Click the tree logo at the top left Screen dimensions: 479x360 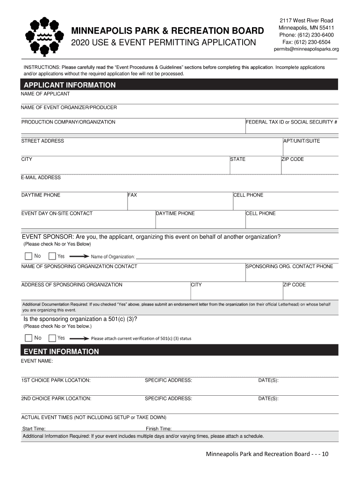pyautogui.click(x=44, y=36)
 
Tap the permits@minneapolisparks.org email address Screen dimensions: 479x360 pyautogui.click(x=306, y=49)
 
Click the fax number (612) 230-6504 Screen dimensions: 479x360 pyautogui.click(x=306, y=42)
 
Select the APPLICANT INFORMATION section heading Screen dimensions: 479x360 pyautogui.click(x=70, y=85)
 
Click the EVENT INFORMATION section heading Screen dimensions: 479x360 pyautogui.click(x=61, y=351)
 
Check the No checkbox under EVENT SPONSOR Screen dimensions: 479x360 pyautogui.click(x=29, y=256)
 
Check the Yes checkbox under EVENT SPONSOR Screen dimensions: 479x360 pyautogui.click(x=52, y=256)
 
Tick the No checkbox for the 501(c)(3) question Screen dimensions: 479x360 pyautogui.click(x=29, y=338)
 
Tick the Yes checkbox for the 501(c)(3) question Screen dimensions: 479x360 pyautogui.click(x=52, y=338)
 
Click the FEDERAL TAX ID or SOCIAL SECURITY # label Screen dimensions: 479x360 pyautogui.click(x=292, y=122)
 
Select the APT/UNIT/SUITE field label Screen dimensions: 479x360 pyautogui.click(x=302, y=141)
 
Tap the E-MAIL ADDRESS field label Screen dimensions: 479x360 pyautogui.click(x=41, y=177)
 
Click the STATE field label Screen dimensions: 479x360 pyautogui.click(x=238, y=159)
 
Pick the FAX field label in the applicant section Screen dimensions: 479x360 pyautogui.click(x=132, y=195)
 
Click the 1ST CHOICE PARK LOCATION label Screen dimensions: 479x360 pyautogui.click(x=56, y=380)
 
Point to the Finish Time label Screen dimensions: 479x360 pyautogui.click(x=158, y=428)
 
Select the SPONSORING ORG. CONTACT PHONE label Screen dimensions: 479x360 pyautogui.click(x=289, y=266)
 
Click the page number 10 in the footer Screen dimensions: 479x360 pyautogui.click(x=325, y=454)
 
